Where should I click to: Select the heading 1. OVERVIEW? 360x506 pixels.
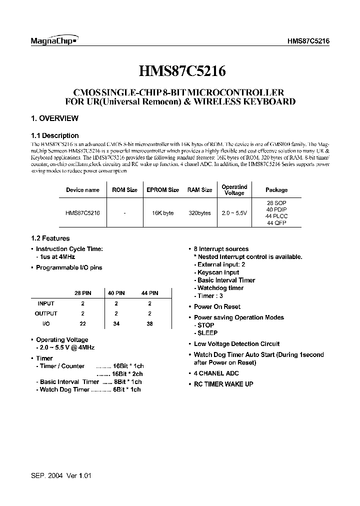54,118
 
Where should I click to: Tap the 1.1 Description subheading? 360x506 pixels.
54,135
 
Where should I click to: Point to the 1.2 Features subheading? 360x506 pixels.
50,238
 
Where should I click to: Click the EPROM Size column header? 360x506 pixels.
162,190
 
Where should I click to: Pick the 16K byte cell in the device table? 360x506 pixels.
162,212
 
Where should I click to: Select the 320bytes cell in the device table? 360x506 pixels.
199,212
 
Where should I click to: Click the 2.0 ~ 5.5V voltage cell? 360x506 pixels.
234,212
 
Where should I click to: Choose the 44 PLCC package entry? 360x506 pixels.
276,216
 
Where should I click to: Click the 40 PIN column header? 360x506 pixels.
116,293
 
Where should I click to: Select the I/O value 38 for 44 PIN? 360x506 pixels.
149,324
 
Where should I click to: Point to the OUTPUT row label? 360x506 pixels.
46,313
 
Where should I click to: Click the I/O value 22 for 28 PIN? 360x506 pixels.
82,324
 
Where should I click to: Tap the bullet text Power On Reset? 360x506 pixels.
217,307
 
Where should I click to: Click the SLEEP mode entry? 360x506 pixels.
207,333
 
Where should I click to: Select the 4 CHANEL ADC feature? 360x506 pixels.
216,373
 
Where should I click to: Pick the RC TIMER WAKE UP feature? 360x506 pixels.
223,384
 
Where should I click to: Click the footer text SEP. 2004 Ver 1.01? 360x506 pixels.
61,476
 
